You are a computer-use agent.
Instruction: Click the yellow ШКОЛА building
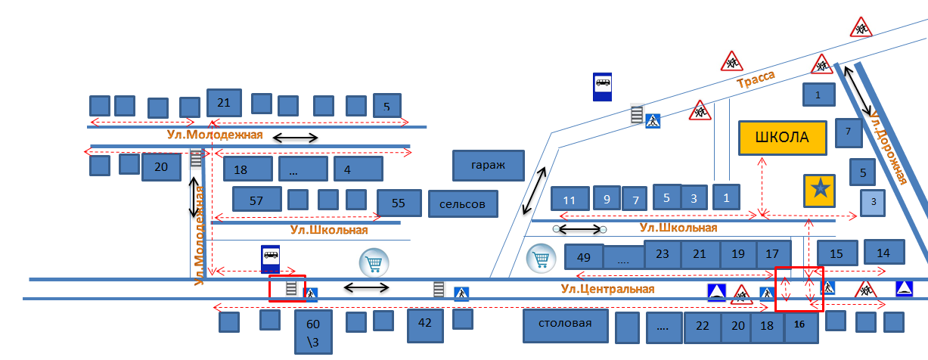782,138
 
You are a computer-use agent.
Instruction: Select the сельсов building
463,203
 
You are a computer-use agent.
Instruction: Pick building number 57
256,200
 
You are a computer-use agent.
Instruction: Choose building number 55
399,203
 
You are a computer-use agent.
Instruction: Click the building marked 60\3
313,331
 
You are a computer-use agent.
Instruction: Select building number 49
584,257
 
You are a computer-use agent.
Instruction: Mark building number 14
883,253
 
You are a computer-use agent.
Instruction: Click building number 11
570,199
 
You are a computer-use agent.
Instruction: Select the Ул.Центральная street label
597,289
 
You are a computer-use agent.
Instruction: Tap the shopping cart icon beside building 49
542,259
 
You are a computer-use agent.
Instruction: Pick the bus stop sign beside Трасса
603,85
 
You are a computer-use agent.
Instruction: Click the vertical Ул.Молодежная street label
200,235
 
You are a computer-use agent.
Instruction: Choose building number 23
663,254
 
